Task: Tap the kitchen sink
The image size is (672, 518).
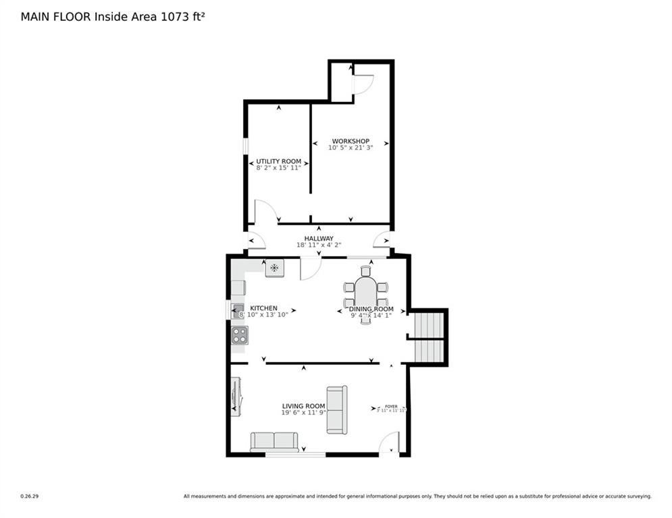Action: tap(238, 311)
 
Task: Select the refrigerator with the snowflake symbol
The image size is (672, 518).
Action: tap(274, 268)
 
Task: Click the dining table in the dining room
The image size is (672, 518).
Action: tap(365, 295)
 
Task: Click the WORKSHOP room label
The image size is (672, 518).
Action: tap(351, 141)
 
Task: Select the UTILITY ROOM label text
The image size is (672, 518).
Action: tap(278, 161)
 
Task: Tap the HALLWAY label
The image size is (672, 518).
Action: tap(319, 239)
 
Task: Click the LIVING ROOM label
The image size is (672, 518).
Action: tap(303, 406)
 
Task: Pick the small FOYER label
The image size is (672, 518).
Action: tap(391, 406)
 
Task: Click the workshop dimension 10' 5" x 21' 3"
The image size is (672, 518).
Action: tap(351, 148)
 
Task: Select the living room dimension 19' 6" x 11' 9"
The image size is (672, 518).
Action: tap(303, 412)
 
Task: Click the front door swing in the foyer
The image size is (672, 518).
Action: tap(389, 444)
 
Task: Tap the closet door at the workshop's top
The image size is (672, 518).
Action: tap(363, 83)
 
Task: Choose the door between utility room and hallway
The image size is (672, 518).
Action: tap(267, 212)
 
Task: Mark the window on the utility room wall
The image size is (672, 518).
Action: tap(245, 146)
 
